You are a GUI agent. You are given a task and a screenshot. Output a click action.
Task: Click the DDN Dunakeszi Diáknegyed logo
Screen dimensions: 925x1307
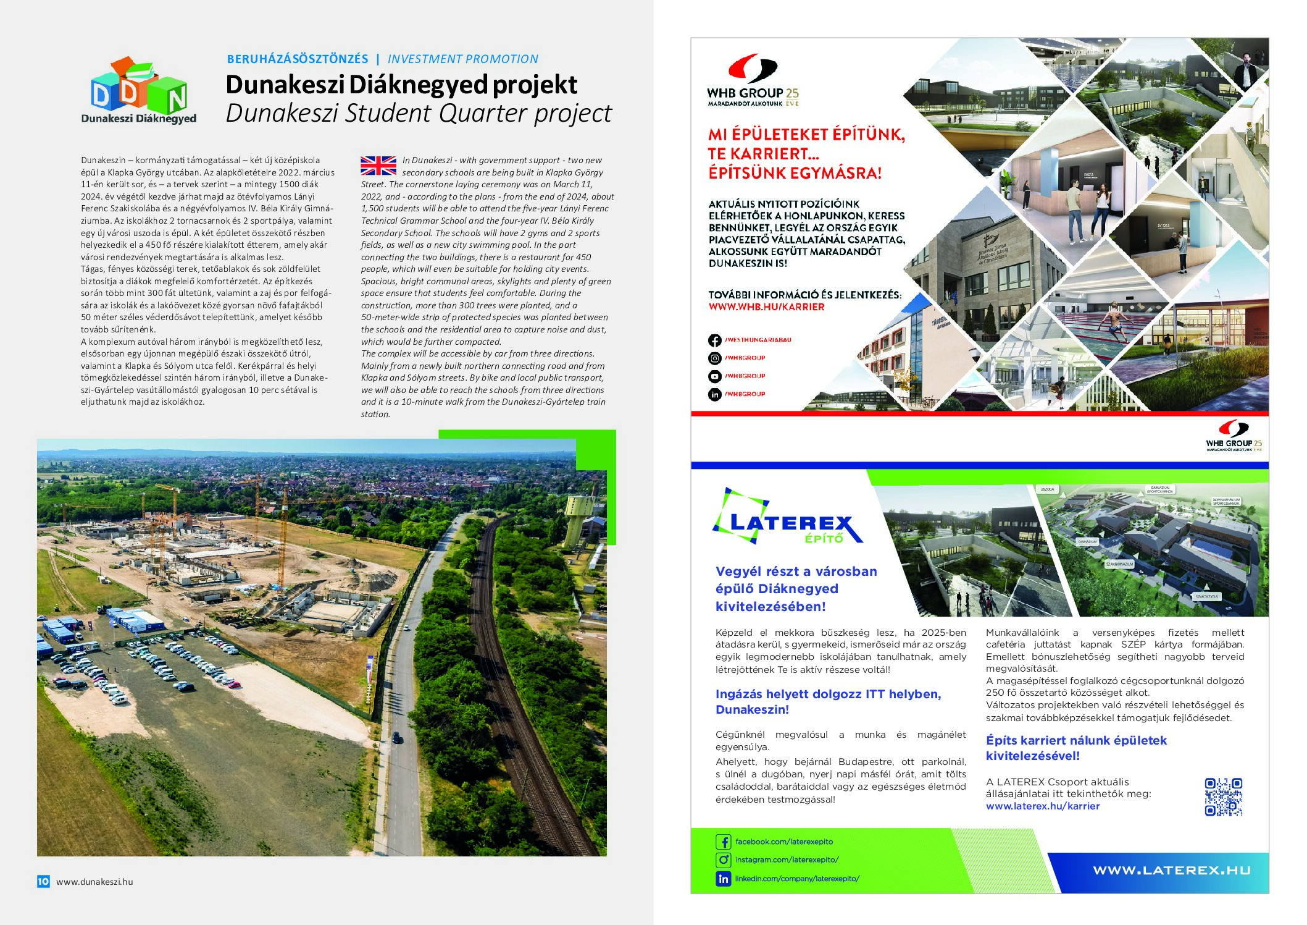tap(138, 91)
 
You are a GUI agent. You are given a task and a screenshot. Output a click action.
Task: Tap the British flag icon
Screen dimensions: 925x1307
tap(378, 166)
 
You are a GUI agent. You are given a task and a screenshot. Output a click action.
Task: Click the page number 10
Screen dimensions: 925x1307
tap(43, 881)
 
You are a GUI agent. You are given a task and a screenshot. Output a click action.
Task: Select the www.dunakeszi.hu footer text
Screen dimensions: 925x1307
tap(94, 882)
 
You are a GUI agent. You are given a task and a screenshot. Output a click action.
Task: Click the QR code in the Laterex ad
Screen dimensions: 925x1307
tap(1223, 797)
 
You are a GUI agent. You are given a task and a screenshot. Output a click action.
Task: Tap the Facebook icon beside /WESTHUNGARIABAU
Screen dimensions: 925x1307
tap(715, 340)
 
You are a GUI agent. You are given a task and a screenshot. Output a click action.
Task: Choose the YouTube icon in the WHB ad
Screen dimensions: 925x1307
tap(715, 376)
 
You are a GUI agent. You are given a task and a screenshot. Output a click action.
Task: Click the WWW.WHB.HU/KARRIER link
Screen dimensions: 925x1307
tap(766, 306)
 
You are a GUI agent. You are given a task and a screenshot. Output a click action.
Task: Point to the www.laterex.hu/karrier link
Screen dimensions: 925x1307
tap(1042, 806)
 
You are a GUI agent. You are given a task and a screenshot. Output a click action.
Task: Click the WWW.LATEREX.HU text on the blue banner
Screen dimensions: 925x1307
tap(1171, 871)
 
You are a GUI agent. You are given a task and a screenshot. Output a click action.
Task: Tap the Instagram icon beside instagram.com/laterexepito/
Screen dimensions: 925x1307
tap(723, 860)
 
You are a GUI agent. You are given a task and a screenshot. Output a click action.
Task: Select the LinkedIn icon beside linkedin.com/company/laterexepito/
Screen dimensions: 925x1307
tap(723, 879)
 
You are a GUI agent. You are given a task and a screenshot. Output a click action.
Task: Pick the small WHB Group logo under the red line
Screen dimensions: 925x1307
tap(1234, 436)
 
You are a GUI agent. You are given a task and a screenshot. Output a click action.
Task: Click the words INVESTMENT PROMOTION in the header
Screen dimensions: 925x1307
tap(462, 59)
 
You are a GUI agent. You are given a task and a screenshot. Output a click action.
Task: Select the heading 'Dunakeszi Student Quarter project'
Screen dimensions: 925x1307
tap(419, 113)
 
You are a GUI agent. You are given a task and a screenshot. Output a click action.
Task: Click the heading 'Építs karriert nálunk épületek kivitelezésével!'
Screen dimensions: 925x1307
tap(1076, 748)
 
